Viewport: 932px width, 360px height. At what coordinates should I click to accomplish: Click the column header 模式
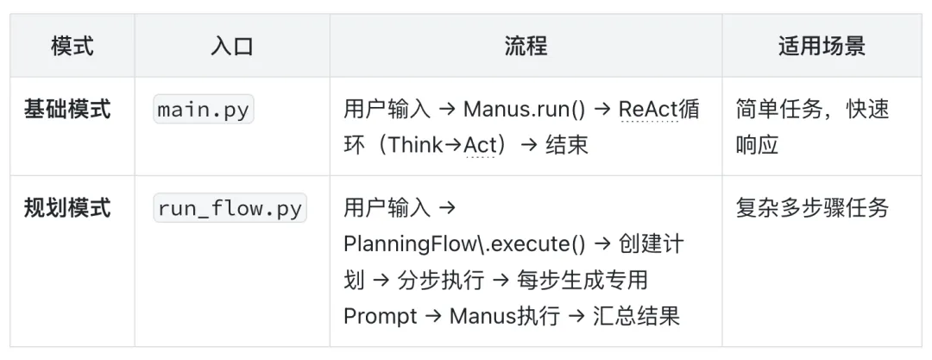click(72, 46)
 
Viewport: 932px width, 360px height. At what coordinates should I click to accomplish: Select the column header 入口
click(232, 46)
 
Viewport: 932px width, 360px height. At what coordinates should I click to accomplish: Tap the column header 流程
click(526, 46)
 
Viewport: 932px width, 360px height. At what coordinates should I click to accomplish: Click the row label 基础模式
click(67, 110)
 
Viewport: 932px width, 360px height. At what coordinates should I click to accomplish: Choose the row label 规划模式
click(67, 208)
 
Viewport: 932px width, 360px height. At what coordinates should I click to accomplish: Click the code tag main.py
click(205, 111)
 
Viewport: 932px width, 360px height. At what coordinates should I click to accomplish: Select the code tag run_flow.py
click(230, 209)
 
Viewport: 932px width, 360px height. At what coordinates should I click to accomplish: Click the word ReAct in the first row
click(650, 110)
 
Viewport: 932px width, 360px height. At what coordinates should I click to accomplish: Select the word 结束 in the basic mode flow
click(567, 144)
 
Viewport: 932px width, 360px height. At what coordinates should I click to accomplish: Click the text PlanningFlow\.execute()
click(464, 244)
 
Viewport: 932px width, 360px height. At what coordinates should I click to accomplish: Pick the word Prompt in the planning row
click(381, 315)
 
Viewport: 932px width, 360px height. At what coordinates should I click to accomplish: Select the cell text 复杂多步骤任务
click(812, 208)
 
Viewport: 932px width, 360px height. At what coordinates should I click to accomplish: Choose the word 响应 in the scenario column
click(757, 144)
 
